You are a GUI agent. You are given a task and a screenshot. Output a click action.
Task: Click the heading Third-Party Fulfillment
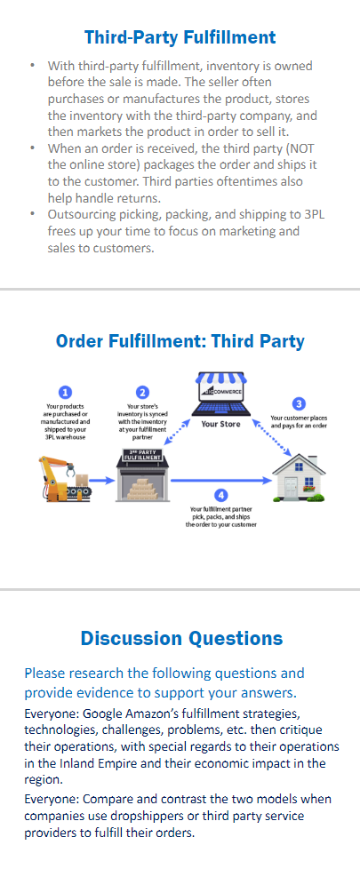tap(180, 37)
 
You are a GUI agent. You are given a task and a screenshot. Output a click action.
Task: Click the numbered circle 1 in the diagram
tap(66, 393)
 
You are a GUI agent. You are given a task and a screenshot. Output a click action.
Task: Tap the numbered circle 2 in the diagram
tap(143, 393)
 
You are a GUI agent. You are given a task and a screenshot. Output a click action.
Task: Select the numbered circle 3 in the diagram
tap(300, 403)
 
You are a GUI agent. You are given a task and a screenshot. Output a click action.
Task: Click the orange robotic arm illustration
tap(64, 478)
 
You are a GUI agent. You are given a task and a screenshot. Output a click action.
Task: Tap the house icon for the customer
tap(299, 479)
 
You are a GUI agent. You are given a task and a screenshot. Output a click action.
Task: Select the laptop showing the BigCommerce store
tap(220, 395)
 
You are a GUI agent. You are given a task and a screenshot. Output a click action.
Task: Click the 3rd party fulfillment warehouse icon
tap(142, 475)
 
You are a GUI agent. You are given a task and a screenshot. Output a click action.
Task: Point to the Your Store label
tap(220, 424)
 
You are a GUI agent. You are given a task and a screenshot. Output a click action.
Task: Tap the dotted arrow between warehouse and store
tap(175, 431)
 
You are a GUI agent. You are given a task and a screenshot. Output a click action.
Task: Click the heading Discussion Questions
tap(181, 638)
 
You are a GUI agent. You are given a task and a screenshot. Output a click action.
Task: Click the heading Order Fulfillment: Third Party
tap(180, 341)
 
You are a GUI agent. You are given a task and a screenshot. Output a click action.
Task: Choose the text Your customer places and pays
tap(299, 422)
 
